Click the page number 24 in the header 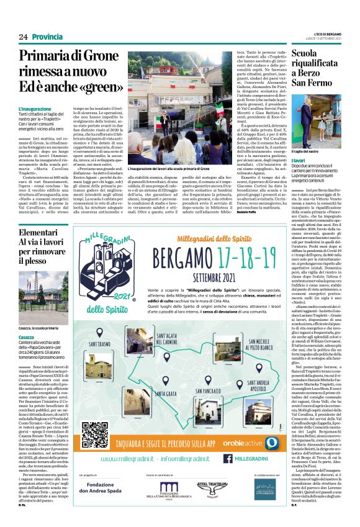coord(23,37)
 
